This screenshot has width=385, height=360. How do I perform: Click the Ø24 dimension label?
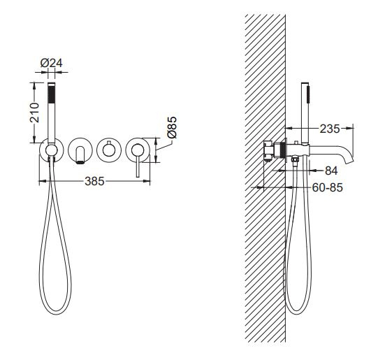click(51, 64)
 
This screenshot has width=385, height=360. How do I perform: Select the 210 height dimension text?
click(34, 113)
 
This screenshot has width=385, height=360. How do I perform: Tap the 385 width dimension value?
click(94, 182)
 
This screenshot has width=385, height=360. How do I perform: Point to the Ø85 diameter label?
click(172, 127)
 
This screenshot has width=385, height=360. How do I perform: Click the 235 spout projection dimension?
click(330, 129)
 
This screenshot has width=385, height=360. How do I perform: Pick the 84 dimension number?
click(331, 171)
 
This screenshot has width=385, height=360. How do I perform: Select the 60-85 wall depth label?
click(327, 188)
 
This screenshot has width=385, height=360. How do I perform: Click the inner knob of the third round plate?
click(108, 150)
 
